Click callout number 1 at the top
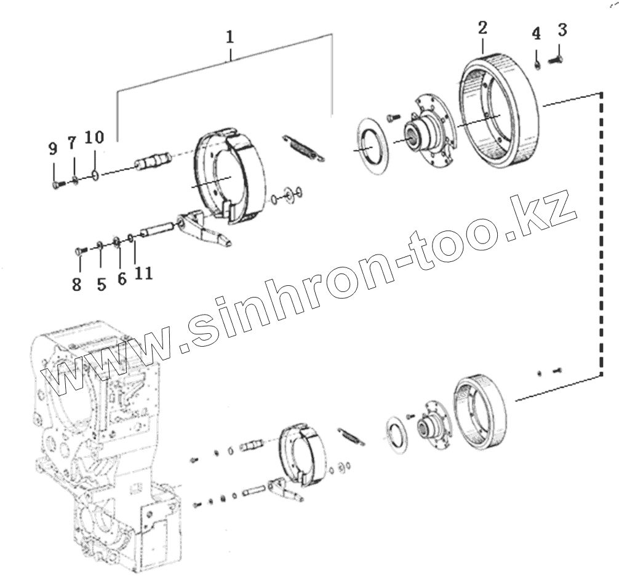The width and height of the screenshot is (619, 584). [230, 37]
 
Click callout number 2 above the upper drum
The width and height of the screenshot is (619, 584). [482, 28]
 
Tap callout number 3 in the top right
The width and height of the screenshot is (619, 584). [562, 30]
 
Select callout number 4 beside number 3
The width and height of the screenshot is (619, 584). [537, 34]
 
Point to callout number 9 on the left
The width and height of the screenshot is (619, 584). [53, 148]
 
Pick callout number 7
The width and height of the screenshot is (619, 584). [72, 144]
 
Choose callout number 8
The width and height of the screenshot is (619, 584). [76, 285]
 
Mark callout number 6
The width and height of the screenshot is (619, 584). [122, 278]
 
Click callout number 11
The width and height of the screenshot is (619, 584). [143, 273]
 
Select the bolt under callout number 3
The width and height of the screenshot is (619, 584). [556, 60]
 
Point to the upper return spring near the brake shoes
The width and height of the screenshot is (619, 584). [303, 149]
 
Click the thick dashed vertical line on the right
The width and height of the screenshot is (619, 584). [600, 234]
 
